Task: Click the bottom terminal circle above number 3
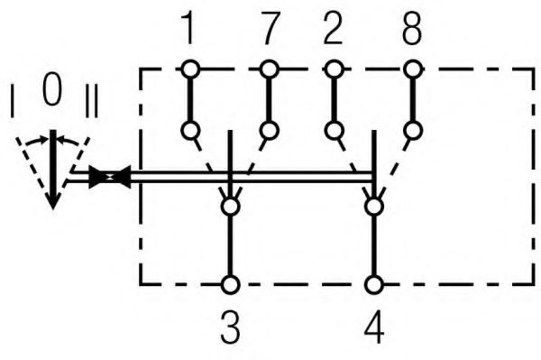click(x=231, y=285)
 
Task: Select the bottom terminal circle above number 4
click(x=373, y=285)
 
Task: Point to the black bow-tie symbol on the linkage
click(x=111, y=178)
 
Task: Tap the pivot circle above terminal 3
click(x=231, y=208)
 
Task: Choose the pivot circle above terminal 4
click(x=373, y=208)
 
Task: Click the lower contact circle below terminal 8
click(x=412, y=131)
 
